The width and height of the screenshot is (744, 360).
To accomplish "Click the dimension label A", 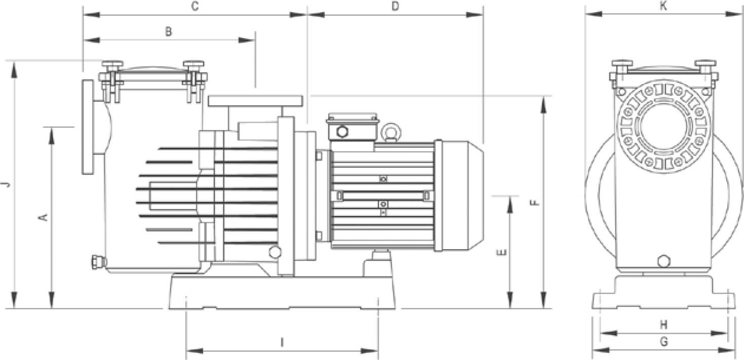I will tap(44, 217).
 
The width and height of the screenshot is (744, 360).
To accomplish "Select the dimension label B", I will tap(169, 31).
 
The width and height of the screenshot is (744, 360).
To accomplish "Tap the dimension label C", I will tap(194, 7).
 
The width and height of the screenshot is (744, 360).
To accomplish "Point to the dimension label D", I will tap(396, 7).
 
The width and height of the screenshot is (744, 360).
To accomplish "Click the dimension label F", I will tap(535, 202).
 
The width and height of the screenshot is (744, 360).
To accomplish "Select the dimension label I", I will tap(282, 343).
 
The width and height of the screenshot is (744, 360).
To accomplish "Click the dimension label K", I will tap(663, 6).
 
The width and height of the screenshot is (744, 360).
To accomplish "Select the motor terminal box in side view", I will tap(353, 127).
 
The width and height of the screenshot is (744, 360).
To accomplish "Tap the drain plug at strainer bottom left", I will tap(95, 262).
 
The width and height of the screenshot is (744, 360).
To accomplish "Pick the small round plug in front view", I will tap(663, 262).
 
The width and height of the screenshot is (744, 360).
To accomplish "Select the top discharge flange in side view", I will tap(256, 101).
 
